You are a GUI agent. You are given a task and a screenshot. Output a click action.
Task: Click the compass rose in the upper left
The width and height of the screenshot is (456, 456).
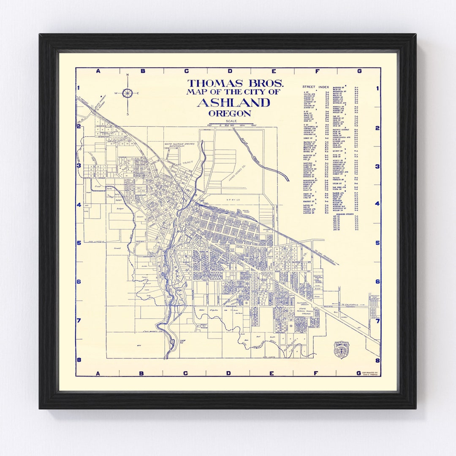(x=128, y=93)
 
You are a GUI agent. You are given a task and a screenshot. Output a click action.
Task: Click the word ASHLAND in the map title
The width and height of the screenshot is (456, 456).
(x=233, y=103)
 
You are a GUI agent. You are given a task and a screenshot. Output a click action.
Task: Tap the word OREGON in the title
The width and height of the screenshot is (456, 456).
(x=230, y=113)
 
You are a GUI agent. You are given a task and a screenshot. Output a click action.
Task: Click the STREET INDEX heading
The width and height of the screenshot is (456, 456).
(x=315, y=87)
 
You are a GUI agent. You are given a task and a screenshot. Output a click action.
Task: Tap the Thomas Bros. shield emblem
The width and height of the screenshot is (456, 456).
(x=342, y=350)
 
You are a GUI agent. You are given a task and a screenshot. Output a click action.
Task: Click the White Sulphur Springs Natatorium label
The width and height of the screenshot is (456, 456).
(x=182, y=145)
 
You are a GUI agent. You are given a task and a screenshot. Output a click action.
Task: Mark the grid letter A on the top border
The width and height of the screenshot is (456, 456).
(x=98, y=71)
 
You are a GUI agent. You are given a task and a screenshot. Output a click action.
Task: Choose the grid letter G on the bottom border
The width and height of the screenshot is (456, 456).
(x=359, y=373)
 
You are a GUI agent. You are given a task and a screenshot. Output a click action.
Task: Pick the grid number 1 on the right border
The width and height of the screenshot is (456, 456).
(x=377, y=89)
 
